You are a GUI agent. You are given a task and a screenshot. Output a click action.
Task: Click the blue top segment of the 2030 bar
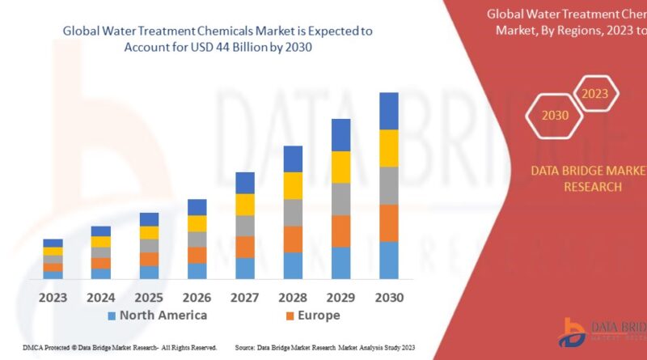[x=389, y=111]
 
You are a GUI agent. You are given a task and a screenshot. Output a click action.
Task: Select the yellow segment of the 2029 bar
[x=340, y=167]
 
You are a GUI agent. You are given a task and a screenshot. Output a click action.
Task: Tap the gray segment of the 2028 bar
[x=293, y=213]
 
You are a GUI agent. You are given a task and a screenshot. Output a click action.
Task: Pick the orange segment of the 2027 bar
[x=245, y=247]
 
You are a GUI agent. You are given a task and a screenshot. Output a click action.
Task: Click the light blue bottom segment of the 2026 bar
[x=197, y=271]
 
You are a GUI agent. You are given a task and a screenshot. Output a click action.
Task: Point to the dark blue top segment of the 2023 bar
[x=53, y=243]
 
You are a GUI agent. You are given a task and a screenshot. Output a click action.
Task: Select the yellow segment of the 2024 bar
[x=101, y=242]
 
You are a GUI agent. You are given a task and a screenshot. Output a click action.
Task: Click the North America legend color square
[x=112, y=316]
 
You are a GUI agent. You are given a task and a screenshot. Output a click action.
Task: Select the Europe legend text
[x=319, y=316]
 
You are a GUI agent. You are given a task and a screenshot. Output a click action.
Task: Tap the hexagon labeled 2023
[x=594, y=94]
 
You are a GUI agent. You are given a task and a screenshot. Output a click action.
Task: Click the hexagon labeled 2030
[x=555, y=115]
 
